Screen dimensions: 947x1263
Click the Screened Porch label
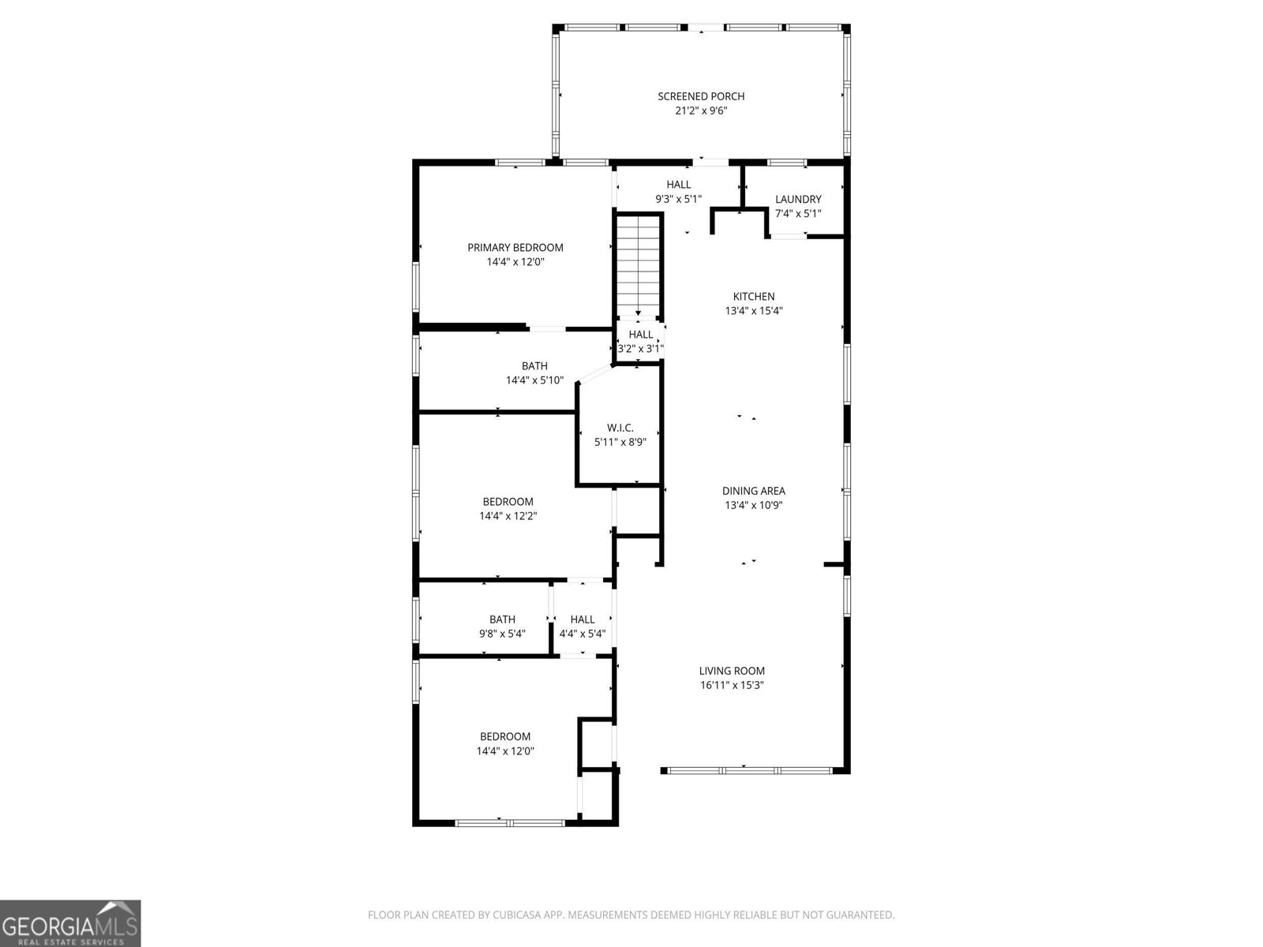coord(701,96)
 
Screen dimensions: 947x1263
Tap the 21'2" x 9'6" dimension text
coord(701,111)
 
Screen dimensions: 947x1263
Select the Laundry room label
coord(798,200)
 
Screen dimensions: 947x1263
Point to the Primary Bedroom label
coord(515,248)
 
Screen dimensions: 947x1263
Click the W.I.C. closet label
coord(620,428)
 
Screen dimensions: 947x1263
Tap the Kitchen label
coord(754,297)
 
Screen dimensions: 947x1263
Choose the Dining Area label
coord(754,491)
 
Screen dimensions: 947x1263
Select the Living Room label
coord(732,671)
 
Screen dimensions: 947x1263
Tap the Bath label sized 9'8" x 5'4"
coord(502,619)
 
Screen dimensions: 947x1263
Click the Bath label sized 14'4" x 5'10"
coord(534,366)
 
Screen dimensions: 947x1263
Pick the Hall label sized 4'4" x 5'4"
coord(583,619)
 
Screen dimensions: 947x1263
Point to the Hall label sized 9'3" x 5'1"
coord(678,185)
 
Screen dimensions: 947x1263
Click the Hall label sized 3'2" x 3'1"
coord(641,335)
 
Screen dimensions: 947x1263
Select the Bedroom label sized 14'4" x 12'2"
coord(508,502)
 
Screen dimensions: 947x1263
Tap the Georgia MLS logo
coord(70,923)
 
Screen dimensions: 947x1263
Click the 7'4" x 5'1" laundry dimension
coord(798,214)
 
